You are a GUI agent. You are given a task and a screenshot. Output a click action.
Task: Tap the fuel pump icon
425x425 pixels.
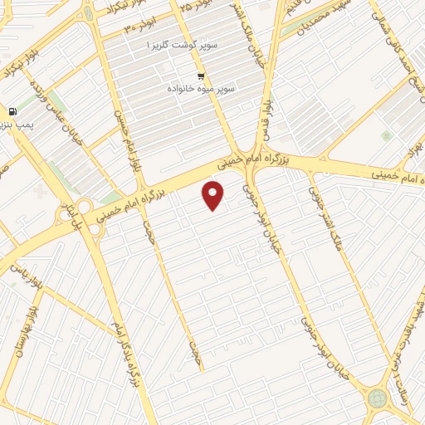12,112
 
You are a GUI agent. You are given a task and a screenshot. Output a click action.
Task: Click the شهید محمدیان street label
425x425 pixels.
311,20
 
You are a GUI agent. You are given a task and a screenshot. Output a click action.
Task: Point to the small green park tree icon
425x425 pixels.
385,135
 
